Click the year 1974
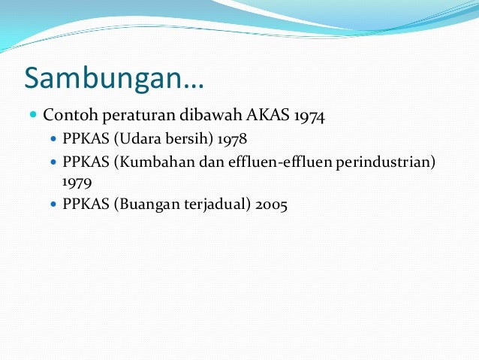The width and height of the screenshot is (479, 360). [x=309, y=116]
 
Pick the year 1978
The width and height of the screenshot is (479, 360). [x=231, y=141]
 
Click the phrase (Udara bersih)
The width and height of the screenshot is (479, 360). [x=164, y=141]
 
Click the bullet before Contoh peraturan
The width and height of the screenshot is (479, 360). [x=32, y=116]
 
